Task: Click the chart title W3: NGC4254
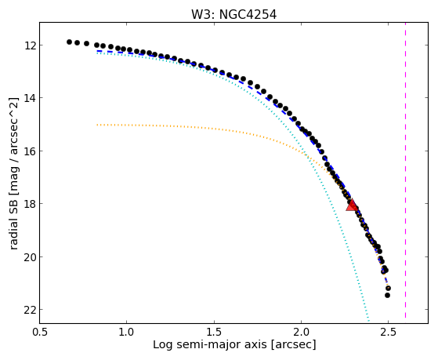(x=233, y=15)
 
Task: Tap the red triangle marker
(x=351, y=205)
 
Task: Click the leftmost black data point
(x=69, y=42)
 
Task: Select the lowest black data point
(x=387, y=295)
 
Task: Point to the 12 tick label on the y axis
(x=28, y=45)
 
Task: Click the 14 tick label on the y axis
(x=28, y=98)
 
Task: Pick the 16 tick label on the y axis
(x=28, y=151)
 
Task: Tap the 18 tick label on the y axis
(x=28, y=204)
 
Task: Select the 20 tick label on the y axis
(x=28, y=256)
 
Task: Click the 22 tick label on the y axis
(x=28, y=310)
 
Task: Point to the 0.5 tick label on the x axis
(x=39, y=332)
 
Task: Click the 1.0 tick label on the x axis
(x=126, y=332)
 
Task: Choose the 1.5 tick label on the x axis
(x=214, y=332)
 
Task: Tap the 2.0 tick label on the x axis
(x=301, y=332)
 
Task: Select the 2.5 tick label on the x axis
(x=389, y=332)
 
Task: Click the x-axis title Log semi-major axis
(x=210, y=345)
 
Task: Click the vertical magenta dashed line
(x=405, y=170)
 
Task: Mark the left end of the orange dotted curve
(x=97, y=125)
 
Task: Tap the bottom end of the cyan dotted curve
(x=369, y=321)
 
